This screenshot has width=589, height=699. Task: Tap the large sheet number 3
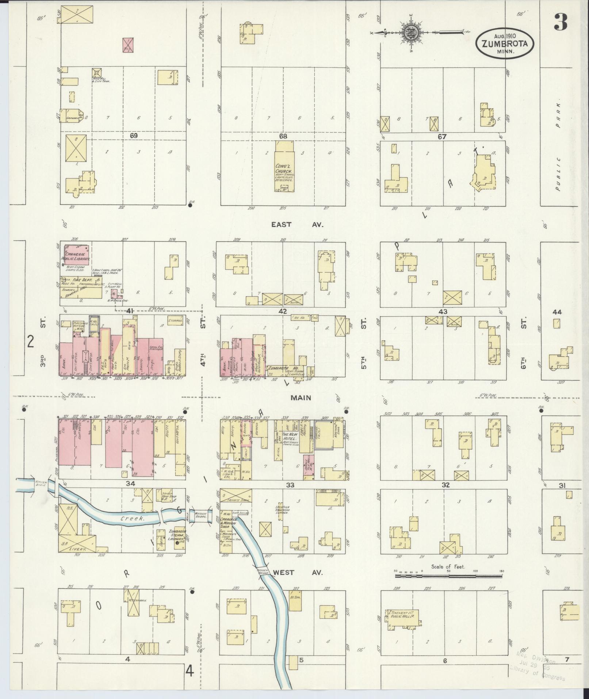(x=561, y=22)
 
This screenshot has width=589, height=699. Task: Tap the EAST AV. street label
(x=297, y=224)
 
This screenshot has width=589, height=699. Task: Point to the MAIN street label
(x=301, y=398)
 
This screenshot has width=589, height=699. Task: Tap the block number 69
(x=134, y=136)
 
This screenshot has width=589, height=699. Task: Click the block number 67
(x=443, y=136)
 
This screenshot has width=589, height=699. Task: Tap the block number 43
(x=443, y=312)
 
